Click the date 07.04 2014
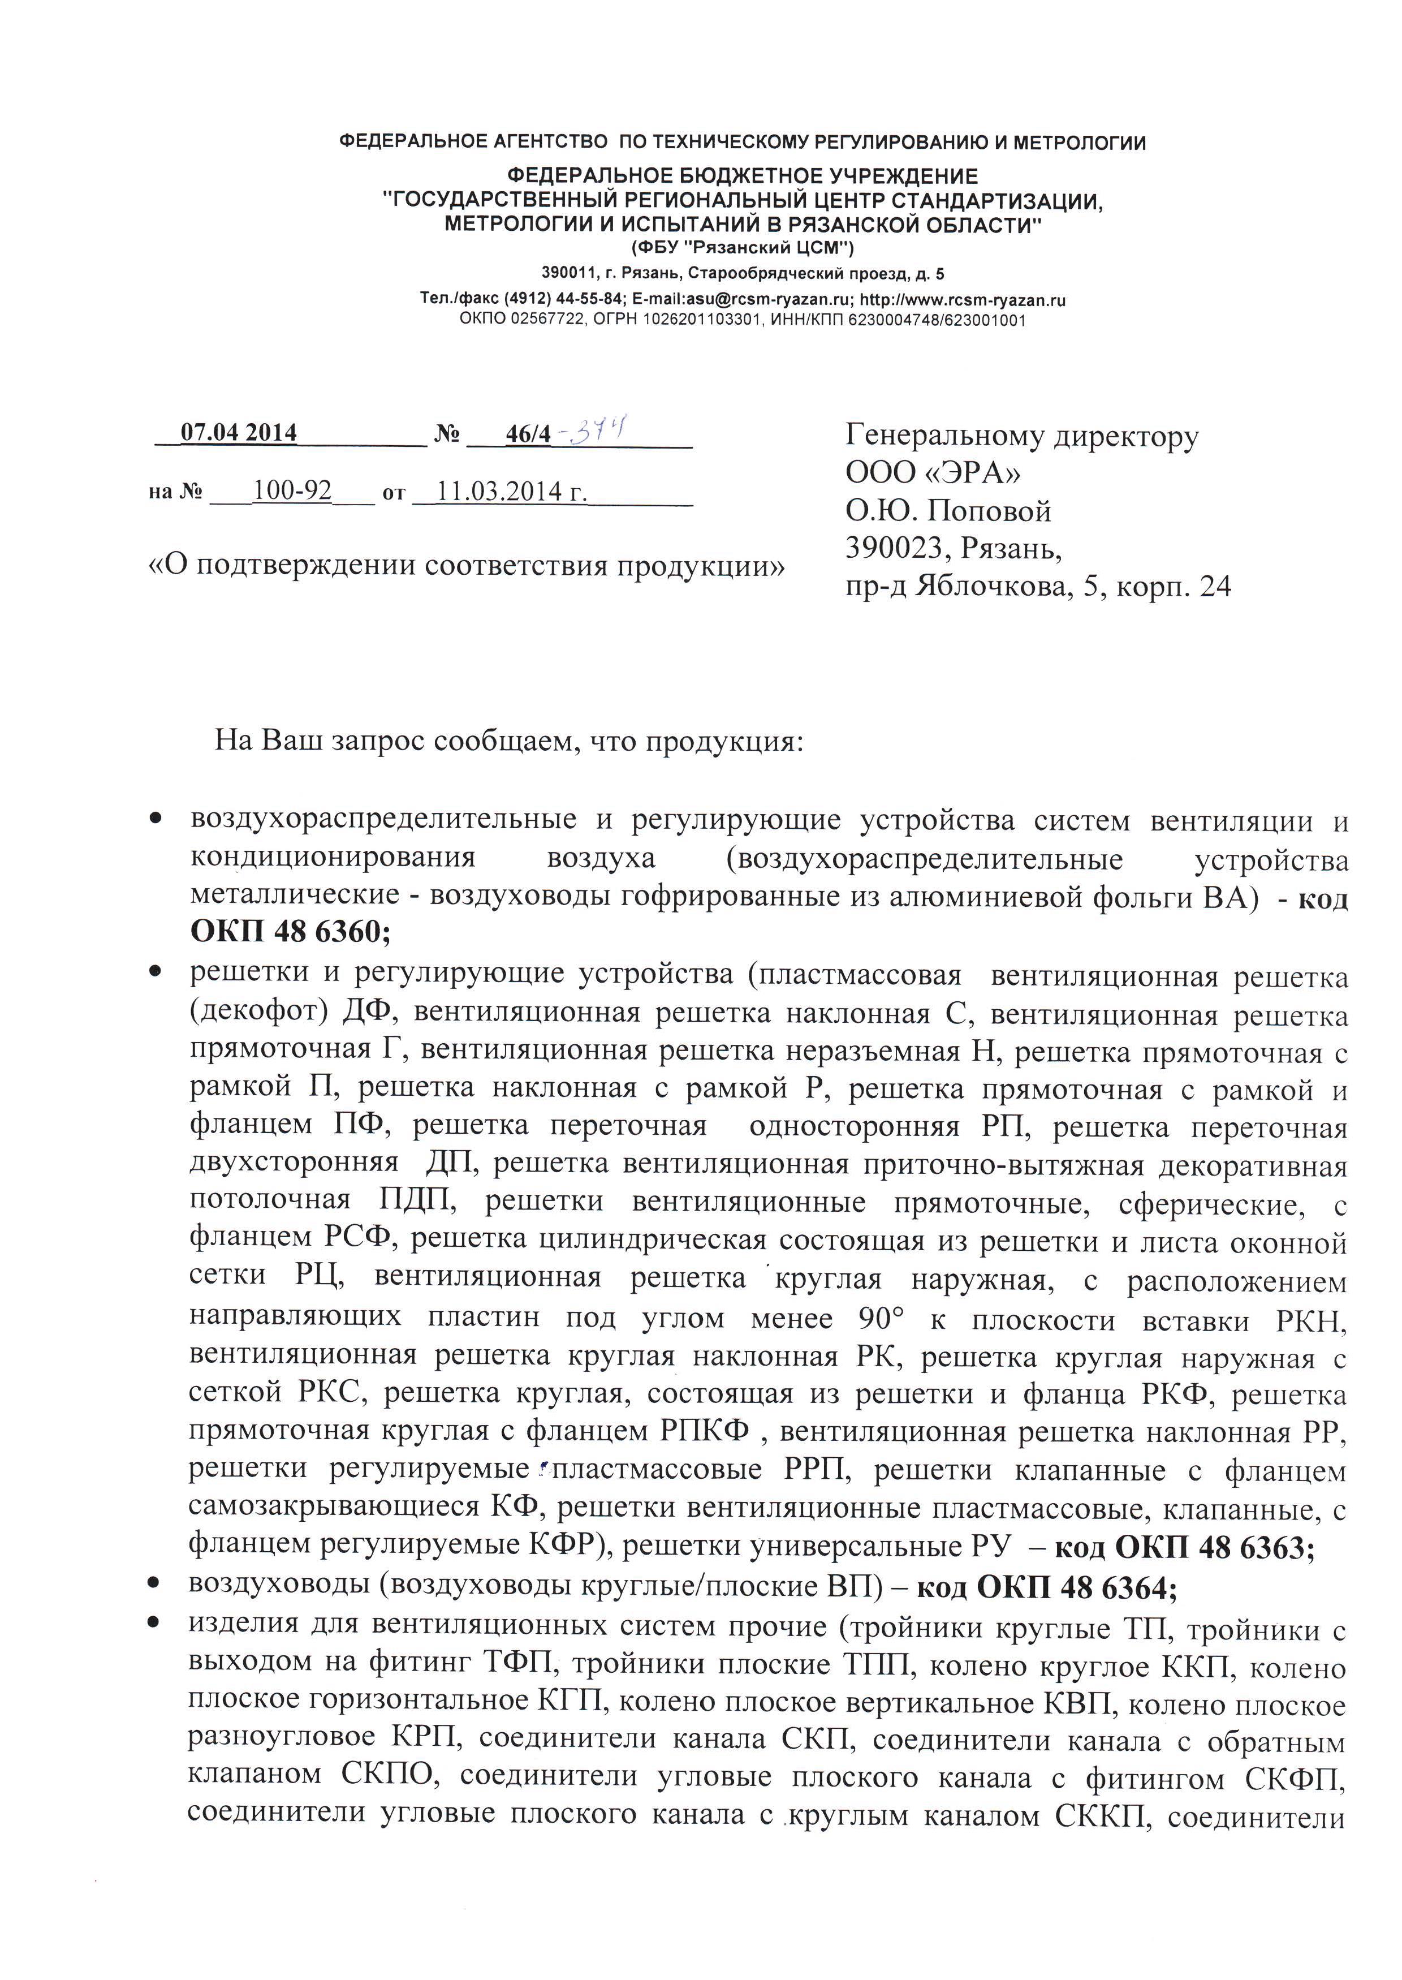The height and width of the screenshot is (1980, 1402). click(x=238, y=433)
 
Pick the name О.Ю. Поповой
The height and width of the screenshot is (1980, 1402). click(x=948, y=511)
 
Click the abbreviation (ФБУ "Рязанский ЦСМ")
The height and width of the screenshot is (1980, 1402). click(x=743, y=249)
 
